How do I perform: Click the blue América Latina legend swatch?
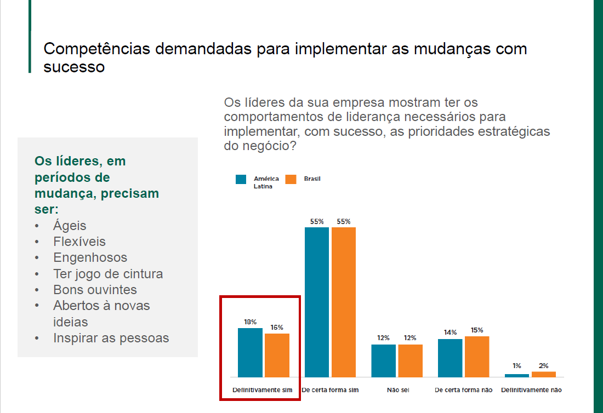pos(241,179)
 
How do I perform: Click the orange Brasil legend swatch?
pos(291,179)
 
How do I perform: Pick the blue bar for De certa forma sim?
pos(317,302)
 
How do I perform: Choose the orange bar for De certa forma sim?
pos(344,302)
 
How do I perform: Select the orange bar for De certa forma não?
pos(477,357)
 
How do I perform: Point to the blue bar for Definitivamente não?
pos(517,375)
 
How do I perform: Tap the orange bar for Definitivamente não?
pos(543,374)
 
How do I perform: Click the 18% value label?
pos(250,322)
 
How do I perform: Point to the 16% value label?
pos(277,328)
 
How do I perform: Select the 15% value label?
pos(477,330)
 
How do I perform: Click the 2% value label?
pos(543,365)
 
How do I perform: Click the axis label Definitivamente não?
pos(531,390)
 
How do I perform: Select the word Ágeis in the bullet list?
pos(70,226)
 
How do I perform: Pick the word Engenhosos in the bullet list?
pos(90,257)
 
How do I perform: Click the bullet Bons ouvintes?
pos(95,290)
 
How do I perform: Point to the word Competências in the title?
pos(97,48)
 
